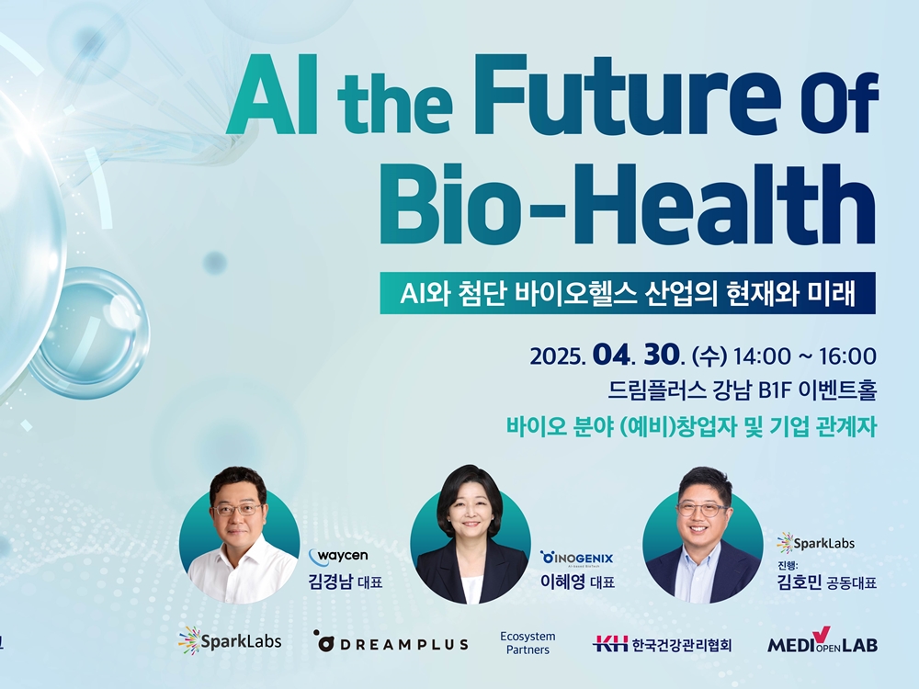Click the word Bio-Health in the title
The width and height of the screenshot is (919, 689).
628,203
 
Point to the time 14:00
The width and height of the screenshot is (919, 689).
762,356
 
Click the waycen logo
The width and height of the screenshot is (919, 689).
339,556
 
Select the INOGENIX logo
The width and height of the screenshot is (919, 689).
577,559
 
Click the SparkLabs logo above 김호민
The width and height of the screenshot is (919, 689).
815,543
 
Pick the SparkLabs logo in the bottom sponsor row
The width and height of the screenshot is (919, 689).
230,641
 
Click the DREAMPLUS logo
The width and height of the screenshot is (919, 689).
391,643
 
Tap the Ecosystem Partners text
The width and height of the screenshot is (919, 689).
528,643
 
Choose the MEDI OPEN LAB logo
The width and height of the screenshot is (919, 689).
823,641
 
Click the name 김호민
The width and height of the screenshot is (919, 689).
800,582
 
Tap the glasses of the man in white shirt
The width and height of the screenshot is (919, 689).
238,509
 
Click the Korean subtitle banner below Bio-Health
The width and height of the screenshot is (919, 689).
628,293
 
